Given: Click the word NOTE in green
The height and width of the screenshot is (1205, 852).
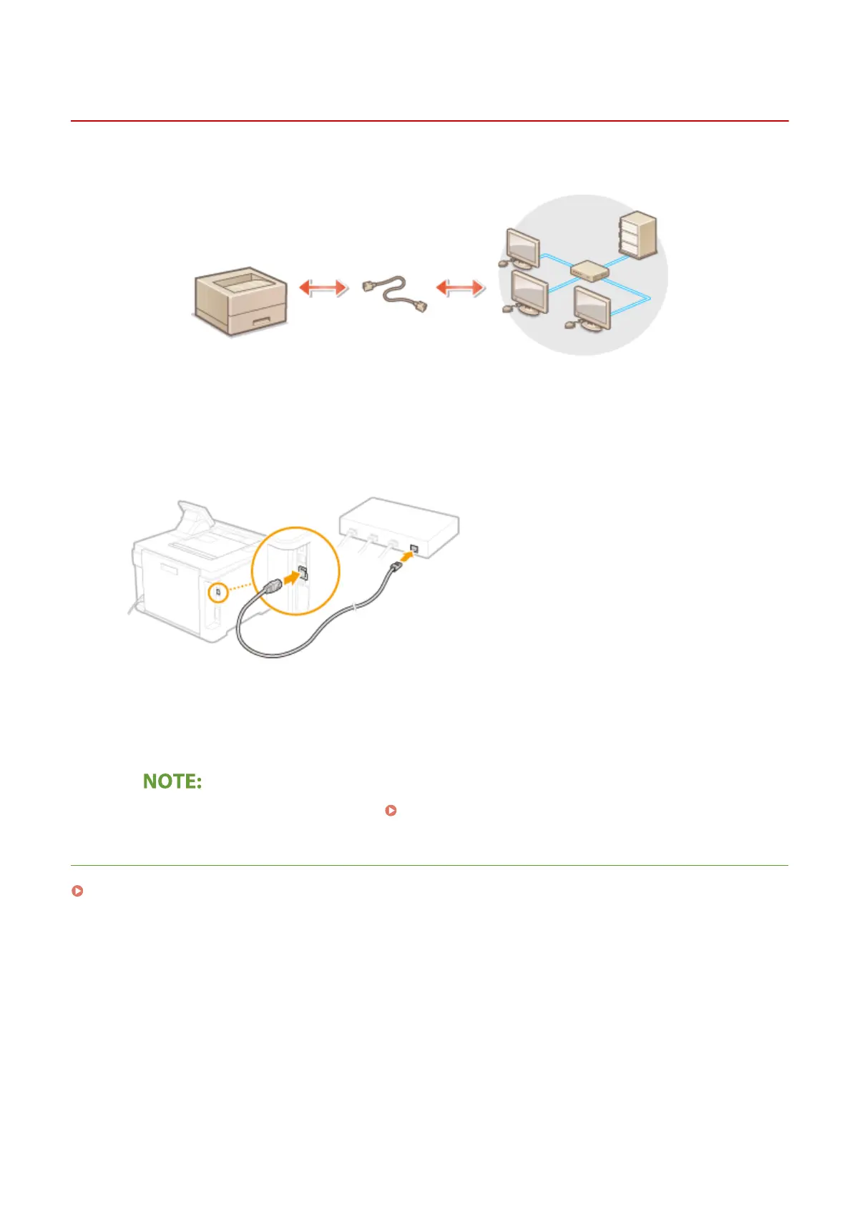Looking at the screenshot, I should pyautogui.click(x=172, y=781).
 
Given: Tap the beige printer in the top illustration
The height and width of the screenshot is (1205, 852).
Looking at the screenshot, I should pyautogui.click(x=240, y=301).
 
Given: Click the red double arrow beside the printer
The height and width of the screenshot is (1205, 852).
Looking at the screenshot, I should pyautogui.click(x=323, y=288).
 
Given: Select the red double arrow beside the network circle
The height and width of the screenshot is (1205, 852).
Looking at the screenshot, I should pyautogui.click(x=460, y=288).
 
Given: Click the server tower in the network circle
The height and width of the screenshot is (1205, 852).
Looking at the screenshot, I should pyautogui.click(x=637, y=234).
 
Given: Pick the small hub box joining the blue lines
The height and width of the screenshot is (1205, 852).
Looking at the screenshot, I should pyautogui.click(x=589, y=270).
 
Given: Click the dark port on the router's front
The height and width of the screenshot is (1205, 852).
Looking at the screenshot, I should pyautogui.click(x=413, y=550).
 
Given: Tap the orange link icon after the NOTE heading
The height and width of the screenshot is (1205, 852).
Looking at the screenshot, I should pyautogui.click(x=391, y=810).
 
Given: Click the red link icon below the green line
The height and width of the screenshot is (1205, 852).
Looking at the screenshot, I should pyautogui.click(x=77, y=891).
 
